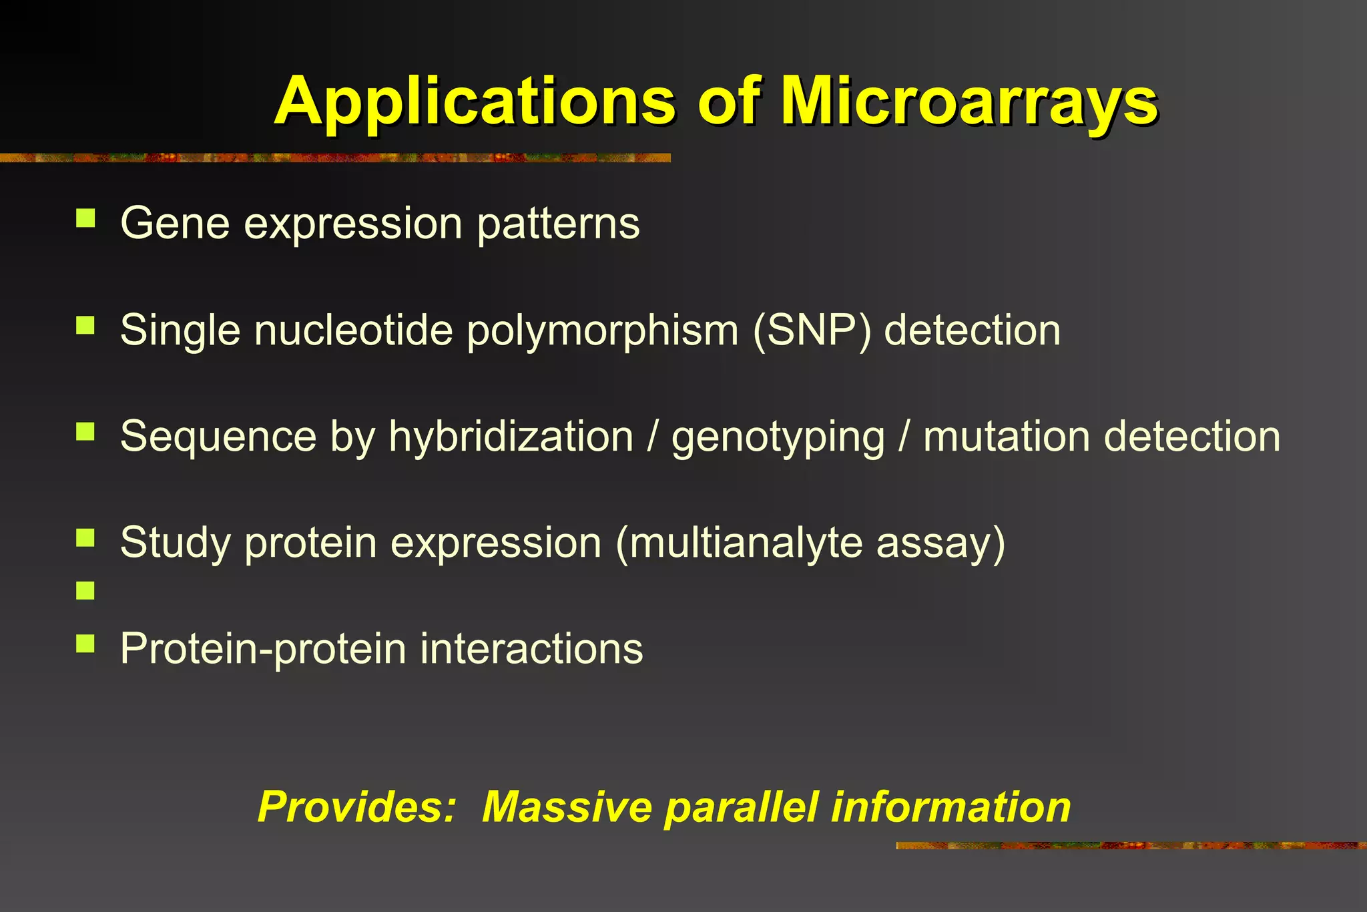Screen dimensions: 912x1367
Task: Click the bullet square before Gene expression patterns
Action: click(85, 218)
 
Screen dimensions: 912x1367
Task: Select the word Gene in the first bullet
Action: click(175, 223)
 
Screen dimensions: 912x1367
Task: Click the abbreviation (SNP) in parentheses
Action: click(812, 330)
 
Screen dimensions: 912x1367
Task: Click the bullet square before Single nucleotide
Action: click(85, 325)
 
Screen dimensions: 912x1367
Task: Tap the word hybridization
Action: click(511, 437)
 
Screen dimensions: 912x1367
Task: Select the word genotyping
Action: click(778, 438)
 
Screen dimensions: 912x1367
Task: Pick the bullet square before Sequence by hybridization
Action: click(85, 431)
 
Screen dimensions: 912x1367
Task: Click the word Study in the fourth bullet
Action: click(176, 543)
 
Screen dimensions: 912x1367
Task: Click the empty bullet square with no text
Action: click(85, 590)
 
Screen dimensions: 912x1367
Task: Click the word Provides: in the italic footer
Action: click(356, 807)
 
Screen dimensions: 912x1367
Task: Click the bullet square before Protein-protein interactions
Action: click(85, 644)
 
